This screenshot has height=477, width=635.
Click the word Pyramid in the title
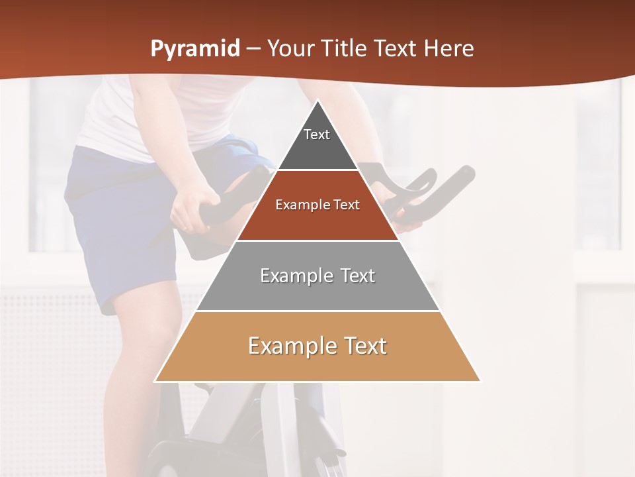click(x=194, y=49)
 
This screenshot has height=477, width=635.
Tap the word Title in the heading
click(x=344, y=49)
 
